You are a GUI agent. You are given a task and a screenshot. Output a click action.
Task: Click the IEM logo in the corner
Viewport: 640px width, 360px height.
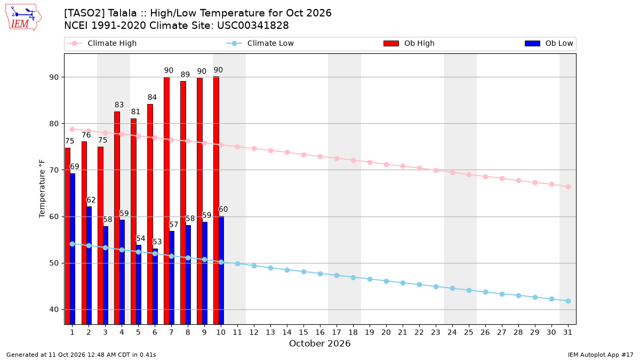tap(23, 18)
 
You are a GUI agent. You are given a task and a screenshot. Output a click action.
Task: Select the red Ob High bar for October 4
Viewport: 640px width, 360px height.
tap(117, 218)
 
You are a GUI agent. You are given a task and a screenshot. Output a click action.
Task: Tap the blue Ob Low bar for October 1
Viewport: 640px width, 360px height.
tap(73, 249)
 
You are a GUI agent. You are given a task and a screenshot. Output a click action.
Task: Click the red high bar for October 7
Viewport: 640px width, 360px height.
tap(166, 201)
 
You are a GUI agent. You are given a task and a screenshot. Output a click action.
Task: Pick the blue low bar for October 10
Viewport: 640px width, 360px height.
tap(221, 270)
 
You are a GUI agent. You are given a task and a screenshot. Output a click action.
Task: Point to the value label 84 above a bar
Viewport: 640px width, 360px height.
tap(152, 98)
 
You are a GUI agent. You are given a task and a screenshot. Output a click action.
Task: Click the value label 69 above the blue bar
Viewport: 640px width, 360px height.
tap(74, 166)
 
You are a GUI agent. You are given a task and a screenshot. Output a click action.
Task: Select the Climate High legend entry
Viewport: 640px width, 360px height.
tap(101, 43)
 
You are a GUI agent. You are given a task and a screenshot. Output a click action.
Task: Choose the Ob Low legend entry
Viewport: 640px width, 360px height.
tap(549, 43)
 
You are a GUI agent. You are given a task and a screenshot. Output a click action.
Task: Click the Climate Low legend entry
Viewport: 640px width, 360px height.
tap(260, 43)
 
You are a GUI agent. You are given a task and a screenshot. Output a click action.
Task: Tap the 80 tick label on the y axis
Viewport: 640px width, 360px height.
tap(54, 124)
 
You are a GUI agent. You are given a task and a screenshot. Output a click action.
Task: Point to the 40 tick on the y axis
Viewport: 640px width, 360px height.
tap(54, 310)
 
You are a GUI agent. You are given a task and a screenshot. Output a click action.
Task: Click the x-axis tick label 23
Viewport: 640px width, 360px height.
tap(436, 332)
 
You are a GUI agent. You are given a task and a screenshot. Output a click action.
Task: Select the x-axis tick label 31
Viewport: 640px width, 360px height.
tap(567, 332)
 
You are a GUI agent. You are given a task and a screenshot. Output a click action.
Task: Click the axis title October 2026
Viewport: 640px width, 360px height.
tap(319, 343)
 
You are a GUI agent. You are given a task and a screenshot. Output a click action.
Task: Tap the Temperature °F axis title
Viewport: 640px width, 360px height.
tap(42, 189)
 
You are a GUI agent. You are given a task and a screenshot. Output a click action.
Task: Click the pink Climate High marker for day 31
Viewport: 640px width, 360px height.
tap(568, 187)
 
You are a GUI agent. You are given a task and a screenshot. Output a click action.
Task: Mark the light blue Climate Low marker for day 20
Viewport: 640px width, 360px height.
tap(386, 282)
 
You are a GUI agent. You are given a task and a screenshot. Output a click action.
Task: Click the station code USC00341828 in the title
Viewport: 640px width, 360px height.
tap(253, 26)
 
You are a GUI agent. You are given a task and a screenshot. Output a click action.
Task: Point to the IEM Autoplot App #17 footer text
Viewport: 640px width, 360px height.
tap(601, 355)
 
